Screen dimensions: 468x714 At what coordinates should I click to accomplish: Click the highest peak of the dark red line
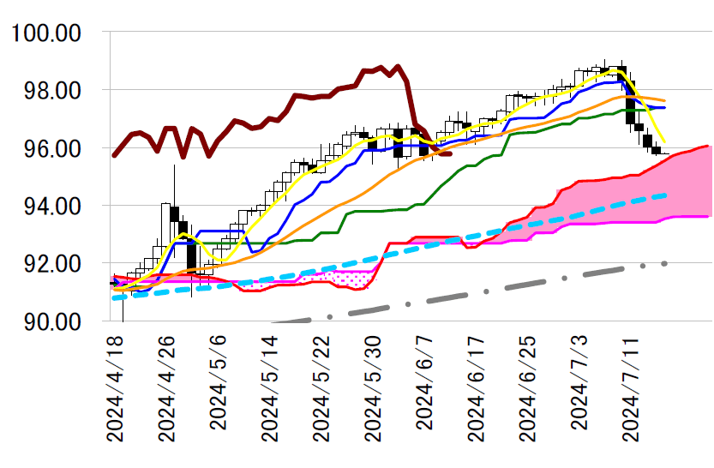(398, 66)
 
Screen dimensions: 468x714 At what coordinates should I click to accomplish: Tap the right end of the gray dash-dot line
(665, 263)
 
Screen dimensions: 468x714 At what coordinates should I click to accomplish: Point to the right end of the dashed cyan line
(665, 195)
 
